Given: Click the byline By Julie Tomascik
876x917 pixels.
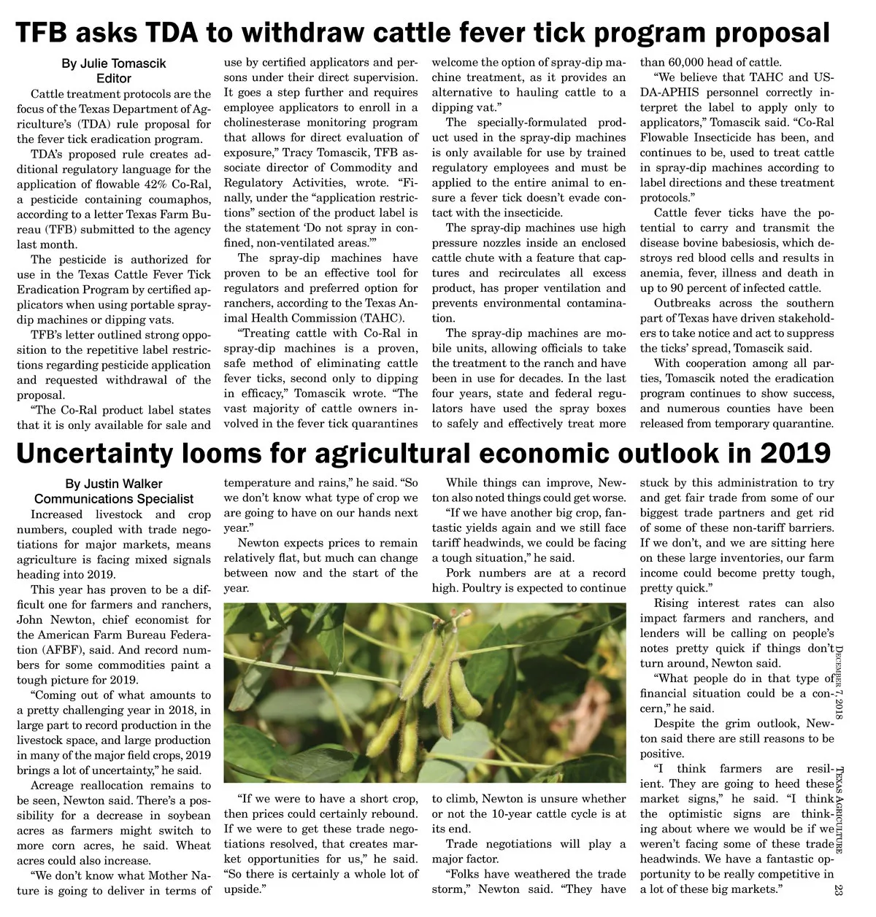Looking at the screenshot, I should [x=113, y=63].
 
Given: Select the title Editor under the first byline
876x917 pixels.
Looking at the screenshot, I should [x=113, y=78].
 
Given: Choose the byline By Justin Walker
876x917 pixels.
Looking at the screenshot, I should [x=113, y=484].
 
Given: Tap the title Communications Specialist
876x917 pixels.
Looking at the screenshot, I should [x=113, y=499].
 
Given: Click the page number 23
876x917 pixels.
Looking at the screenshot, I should [x=838, y=890].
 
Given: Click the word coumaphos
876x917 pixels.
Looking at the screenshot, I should [x=180, y=199].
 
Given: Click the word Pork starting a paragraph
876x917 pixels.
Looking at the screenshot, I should [x=458, y=573].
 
